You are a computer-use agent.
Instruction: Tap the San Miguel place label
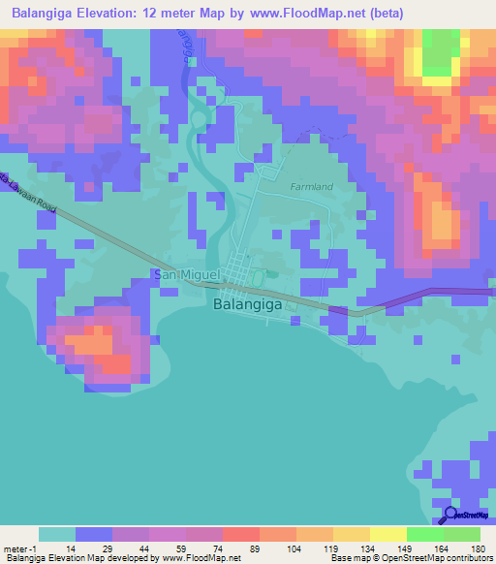[x=188, y=276]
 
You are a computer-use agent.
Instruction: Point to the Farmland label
[x=311, y=185]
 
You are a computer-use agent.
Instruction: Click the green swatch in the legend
[x=424, y=534]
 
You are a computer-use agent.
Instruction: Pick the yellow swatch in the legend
[x=387, y=534]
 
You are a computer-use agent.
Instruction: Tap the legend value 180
[x=479, y=548]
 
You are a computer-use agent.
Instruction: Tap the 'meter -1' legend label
[x=19, y=548]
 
